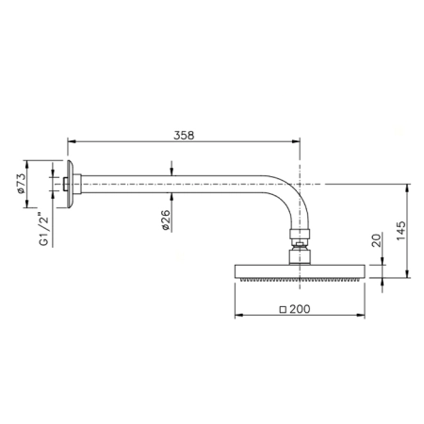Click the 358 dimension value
(x=184, y=136)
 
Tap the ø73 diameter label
(x=21, y=183)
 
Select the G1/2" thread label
(x=44, y=229)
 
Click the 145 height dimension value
(x=401, y=231)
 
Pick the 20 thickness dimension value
(x=376, y=239)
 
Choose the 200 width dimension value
(x=300, y=309)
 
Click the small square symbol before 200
(x=283, y=310)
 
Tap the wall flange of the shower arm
(x=70, y=184)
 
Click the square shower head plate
(x=300, y=271)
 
